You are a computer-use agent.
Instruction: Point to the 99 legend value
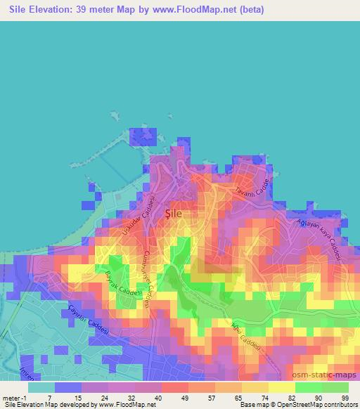tap(343, 398)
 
